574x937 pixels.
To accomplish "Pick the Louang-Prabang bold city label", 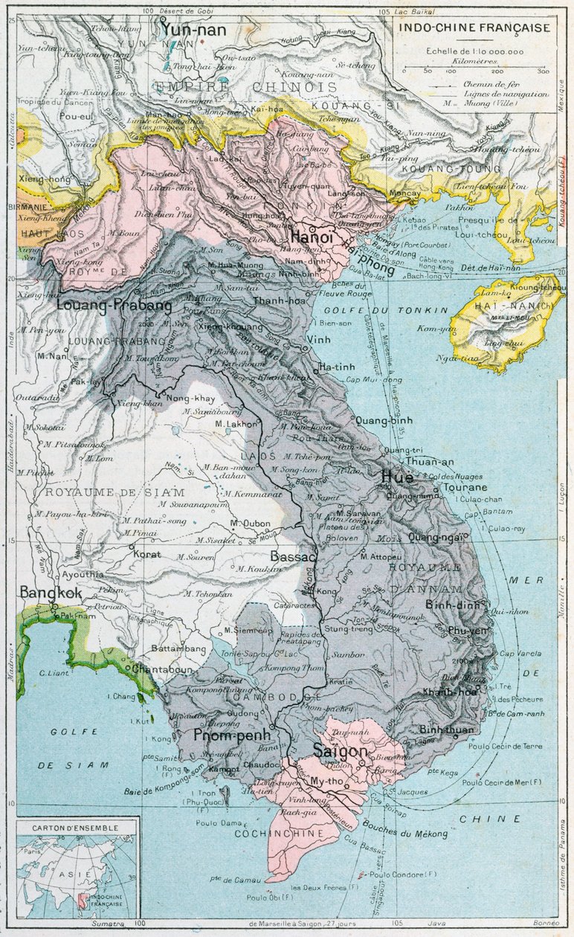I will click(114, 306).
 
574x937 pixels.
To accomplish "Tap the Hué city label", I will click(395, 477).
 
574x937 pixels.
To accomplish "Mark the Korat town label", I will click(146, 554).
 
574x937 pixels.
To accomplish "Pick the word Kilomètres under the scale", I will click(477, 61).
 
